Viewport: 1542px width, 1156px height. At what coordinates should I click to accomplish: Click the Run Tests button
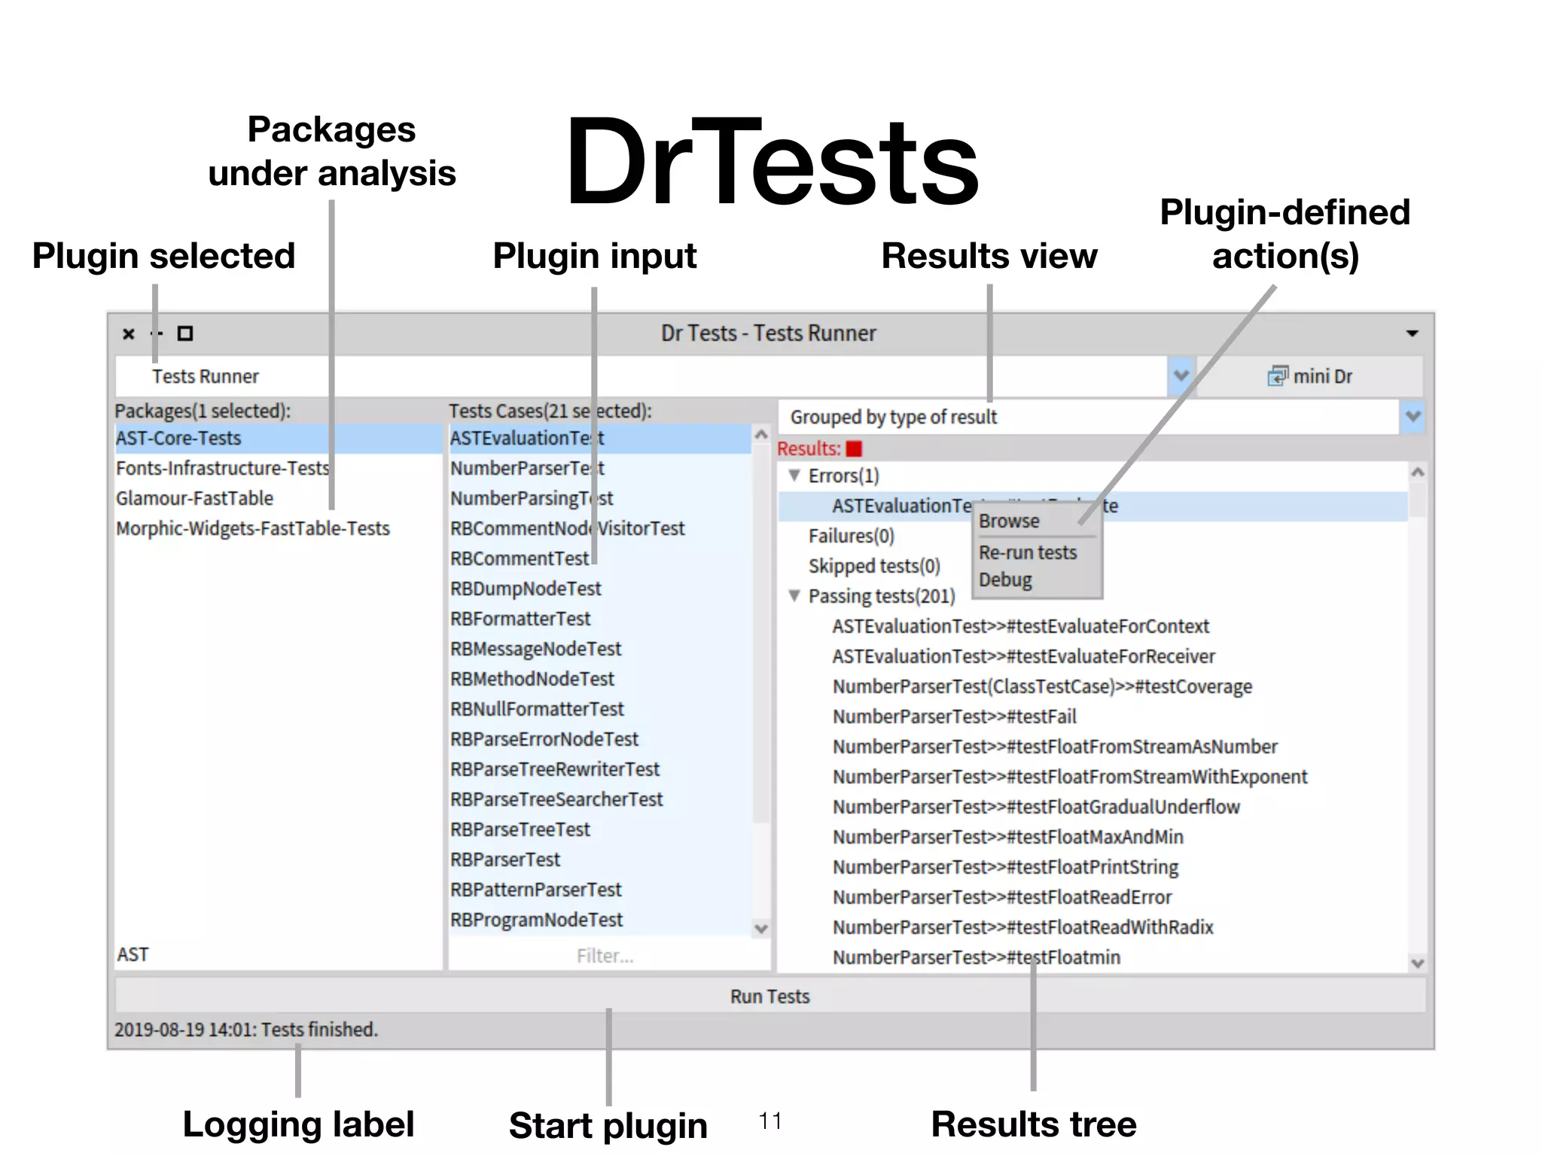coord(769,996)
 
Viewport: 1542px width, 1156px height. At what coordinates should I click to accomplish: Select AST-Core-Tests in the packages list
coord(178,438)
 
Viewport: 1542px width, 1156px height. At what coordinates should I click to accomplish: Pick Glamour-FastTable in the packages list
coord(194,498)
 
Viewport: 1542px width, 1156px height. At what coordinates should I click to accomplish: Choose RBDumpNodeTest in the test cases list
coord(526,589)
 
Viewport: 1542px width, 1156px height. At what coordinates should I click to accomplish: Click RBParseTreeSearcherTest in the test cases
coord(556,799)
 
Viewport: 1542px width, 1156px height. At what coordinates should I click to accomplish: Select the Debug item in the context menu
coord(1006,580)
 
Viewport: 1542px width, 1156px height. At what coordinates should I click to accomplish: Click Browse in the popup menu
coord(1009,521)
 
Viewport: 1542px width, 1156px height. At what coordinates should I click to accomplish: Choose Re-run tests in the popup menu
coord(1028,552)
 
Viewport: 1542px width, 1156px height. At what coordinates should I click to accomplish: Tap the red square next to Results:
coord(854,449)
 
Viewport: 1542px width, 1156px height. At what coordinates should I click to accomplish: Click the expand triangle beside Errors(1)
coord(794,476)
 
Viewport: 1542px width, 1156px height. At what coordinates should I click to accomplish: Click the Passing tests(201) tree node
coord(881,596)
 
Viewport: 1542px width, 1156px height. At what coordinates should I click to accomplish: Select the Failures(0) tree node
coord(851,536)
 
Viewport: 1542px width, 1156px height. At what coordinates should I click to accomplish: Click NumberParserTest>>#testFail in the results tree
coord(954,716)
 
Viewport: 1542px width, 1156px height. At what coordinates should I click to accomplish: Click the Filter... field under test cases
coord(605,956)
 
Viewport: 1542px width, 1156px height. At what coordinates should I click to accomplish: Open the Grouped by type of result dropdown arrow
coord(1412,416)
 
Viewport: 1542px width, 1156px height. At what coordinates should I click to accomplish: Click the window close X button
coord(129,333)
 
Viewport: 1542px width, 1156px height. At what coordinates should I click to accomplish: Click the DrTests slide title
coord(771,162)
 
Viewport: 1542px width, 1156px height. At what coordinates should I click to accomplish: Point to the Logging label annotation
coord(298,1124)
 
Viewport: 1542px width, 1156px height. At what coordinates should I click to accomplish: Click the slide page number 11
coord(770,1121)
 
